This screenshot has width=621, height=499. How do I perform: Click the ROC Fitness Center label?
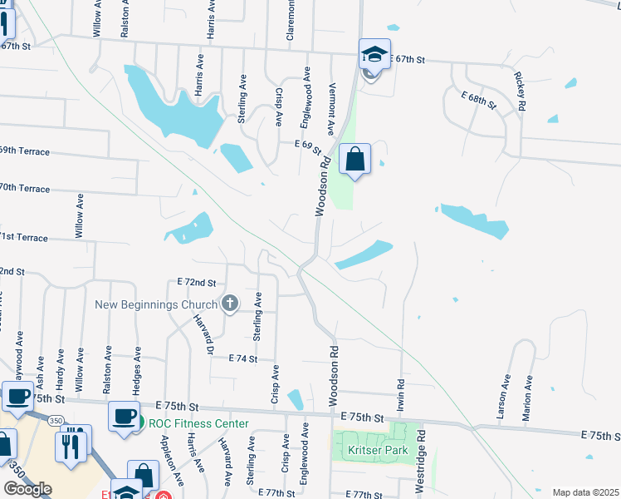[198, 423]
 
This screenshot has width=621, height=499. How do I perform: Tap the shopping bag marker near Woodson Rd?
[355, 159]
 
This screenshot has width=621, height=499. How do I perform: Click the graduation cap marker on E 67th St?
[373, 55]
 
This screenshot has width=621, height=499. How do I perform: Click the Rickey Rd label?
[520, 91]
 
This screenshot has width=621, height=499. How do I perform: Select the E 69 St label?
[307, 144]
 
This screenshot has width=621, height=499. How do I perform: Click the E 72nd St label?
[196, 283]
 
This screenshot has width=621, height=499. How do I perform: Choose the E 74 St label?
[244, 358]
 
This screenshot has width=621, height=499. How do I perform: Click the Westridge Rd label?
[422, 458]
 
